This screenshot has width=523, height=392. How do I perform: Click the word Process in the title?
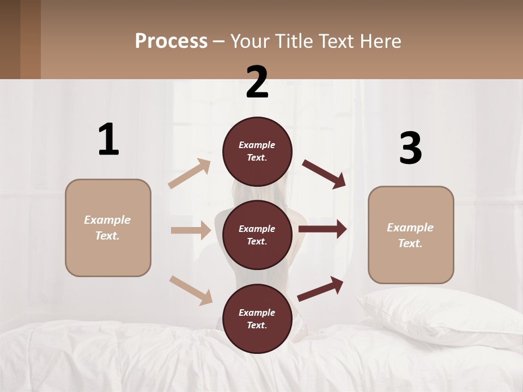171,41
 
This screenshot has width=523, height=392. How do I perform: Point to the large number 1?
108,140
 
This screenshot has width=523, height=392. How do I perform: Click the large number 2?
257,82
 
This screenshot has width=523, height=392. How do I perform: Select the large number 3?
410,148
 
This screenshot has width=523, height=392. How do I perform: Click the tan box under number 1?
108,228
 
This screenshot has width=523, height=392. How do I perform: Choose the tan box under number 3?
411,235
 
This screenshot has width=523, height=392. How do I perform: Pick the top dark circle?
257,151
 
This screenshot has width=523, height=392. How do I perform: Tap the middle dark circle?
257,235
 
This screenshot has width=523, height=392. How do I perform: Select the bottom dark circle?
257,318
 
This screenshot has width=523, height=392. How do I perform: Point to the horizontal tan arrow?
191,230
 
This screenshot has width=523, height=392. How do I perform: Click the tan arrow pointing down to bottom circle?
191,290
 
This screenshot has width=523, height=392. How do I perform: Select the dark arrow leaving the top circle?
324,174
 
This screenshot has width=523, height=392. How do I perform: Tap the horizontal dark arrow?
323,229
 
